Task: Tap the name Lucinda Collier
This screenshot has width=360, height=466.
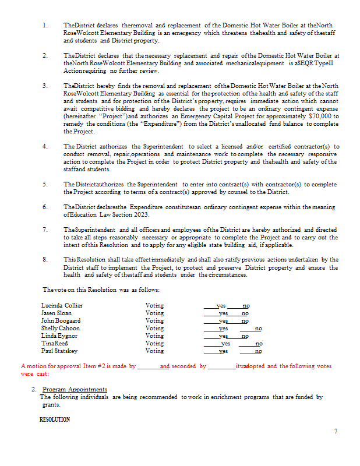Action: point(62,305)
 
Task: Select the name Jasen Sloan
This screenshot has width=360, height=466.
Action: point(57,313)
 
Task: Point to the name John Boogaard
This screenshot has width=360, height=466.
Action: point(61,320)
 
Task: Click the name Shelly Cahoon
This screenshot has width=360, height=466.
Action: point(60,328)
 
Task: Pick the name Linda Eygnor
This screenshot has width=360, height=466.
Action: point(59,336)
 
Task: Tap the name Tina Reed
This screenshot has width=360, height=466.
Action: point(54,344)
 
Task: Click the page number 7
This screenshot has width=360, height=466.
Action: point(336,431)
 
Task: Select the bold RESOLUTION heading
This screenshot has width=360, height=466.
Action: point(55,419)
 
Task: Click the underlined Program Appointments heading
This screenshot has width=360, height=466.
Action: point(75,389)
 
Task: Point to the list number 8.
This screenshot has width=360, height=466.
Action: point(45,259)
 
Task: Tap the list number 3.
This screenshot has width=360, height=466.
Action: point(45,86)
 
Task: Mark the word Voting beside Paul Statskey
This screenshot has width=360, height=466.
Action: point(154,351)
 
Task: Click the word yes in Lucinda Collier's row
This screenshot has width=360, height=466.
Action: point(221,305)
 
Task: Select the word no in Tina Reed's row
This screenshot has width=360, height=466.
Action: point(259,344)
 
